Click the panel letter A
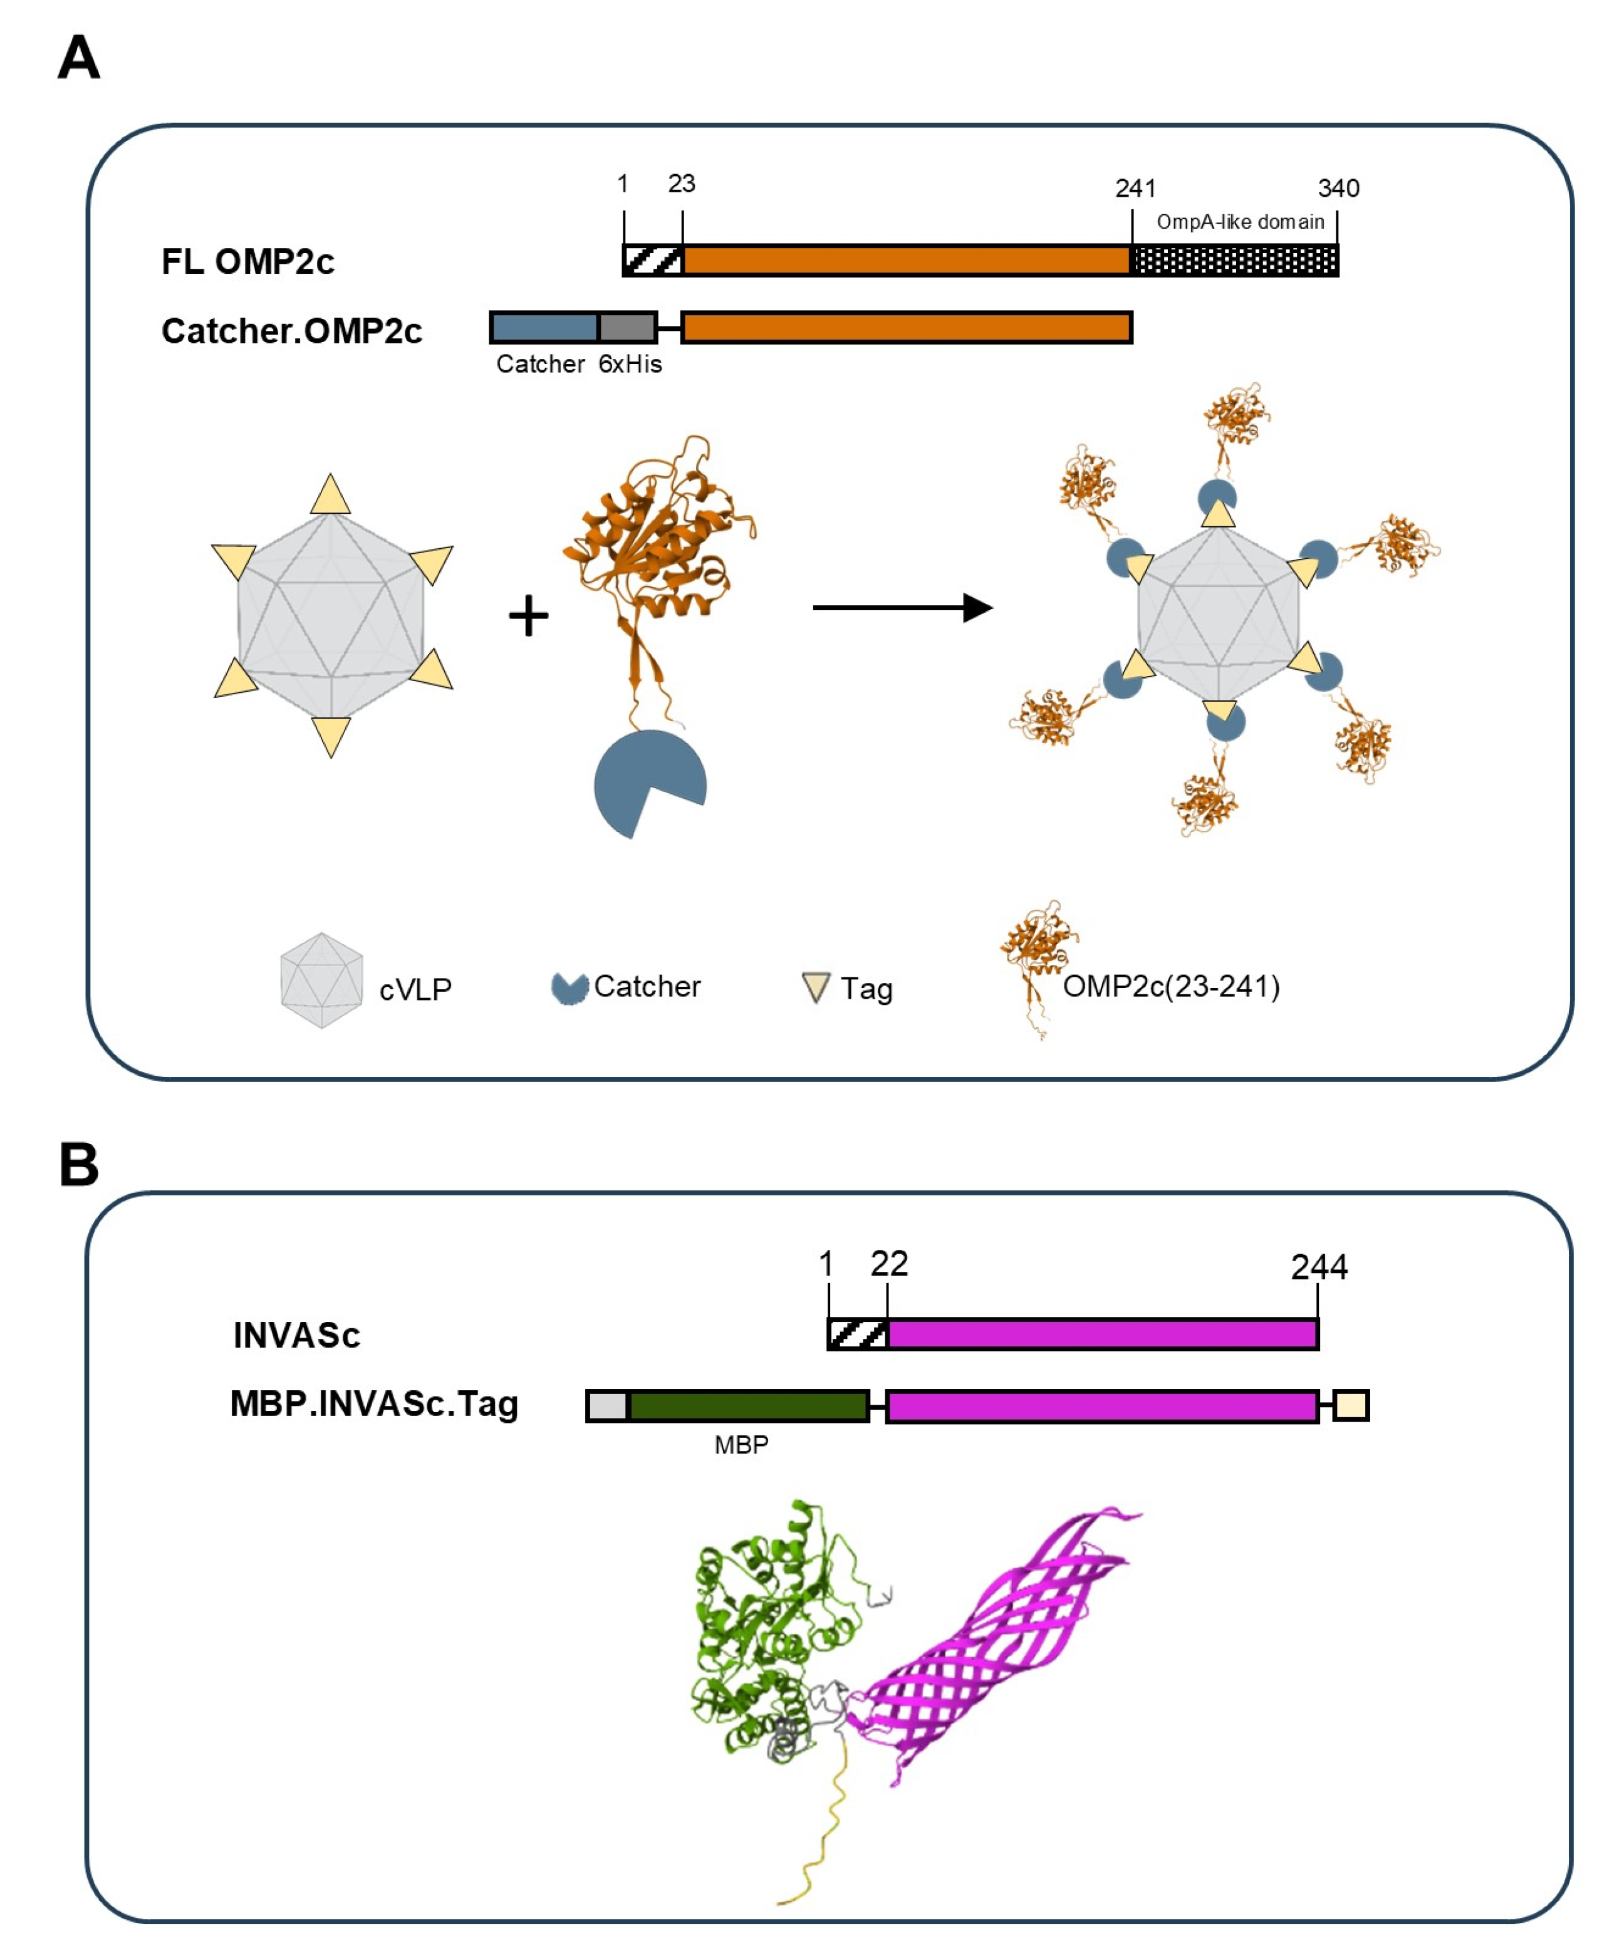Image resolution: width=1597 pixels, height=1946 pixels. tap(79, 58)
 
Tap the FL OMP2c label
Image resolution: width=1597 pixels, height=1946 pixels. tap(247, 261)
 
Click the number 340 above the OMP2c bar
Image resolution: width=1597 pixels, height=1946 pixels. tap(1338, 189)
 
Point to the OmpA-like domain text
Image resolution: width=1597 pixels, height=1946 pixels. tap(1240, 222)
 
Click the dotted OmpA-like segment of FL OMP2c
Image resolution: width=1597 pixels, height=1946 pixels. tap(1234, 261)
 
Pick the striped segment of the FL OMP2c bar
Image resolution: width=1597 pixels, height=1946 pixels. tap(653, 261)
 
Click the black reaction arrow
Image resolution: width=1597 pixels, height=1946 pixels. tap(902, 607)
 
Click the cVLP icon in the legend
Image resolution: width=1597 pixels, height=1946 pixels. tap(321, 980)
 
